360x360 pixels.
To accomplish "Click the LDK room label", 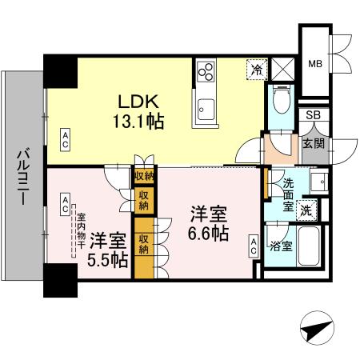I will [x=141, y=103].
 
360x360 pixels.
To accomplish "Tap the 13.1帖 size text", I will [x=143, y=123].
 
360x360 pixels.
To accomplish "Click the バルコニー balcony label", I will [x=23, y=177].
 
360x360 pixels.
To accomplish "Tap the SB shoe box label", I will [x=314, y=116].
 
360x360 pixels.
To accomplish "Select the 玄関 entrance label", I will [x=313, y=144].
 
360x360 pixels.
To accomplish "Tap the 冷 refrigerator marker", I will [x=257, y=70].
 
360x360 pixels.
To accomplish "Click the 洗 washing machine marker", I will [x=306, y=210].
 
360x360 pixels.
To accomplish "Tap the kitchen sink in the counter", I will [x=204, y=106].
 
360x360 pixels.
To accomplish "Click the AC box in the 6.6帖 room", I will [x=253, y=246].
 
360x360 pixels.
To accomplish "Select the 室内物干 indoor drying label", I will [x=80, y=232].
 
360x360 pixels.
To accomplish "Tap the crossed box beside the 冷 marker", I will [x=282, y=69].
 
